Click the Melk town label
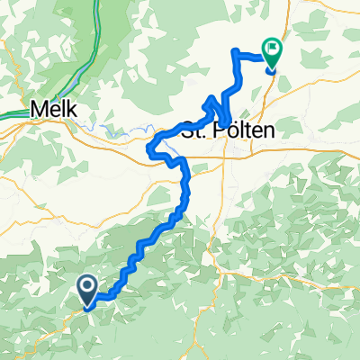click(x=53, y=108)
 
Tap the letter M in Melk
click(x=39, y=108)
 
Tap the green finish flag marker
click(x=271, y=51)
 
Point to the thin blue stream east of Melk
click(x=112, y=130)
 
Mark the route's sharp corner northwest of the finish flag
click(x=235, y=50)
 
